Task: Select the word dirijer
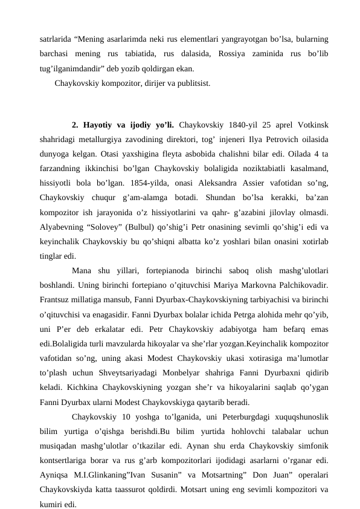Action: (149, 83)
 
